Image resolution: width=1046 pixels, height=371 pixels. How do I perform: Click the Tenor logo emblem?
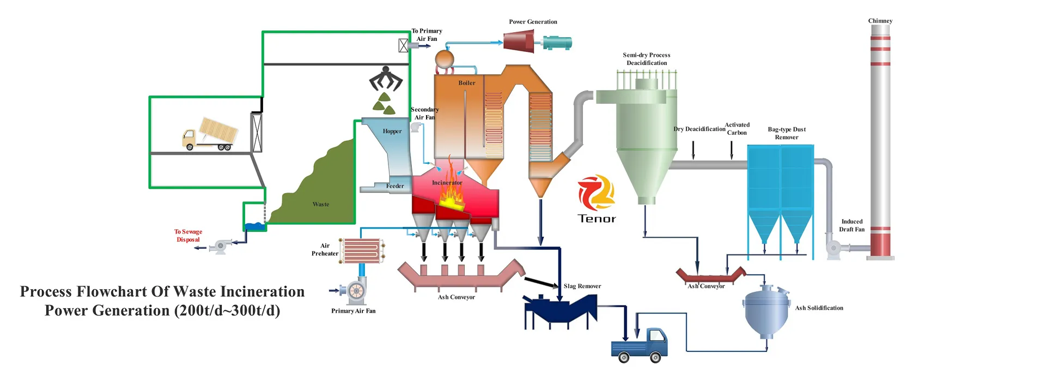(x=597, y=193)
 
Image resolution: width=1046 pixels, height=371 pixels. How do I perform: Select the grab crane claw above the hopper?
(x=386, y=79)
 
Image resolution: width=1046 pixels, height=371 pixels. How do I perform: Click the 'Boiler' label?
(x=466, y=83)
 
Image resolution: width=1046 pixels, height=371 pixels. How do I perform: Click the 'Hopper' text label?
(x=392, y=131)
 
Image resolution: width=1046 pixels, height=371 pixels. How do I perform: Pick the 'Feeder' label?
(x=395, y=186)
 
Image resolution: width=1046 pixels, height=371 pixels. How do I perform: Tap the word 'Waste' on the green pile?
(x=321, y=205)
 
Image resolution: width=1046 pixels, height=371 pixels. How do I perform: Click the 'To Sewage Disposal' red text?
(x=188, y=236)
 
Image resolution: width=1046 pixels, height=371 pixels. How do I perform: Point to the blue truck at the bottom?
(x=640, y=345)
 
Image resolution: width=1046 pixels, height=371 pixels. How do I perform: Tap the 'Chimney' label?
(x=880, y=21)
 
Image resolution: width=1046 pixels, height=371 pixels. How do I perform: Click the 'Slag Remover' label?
(x=582, y=286)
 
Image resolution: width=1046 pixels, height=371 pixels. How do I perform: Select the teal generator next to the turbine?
(x=557, y=42)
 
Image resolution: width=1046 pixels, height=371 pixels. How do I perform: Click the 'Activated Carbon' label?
(x=737, y=129)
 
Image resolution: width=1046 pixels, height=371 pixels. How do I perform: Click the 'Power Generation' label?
(x=533, y=22)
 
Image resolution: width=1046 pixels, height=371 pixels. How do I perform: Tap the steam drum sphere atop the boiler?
(x=445, y=58)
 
